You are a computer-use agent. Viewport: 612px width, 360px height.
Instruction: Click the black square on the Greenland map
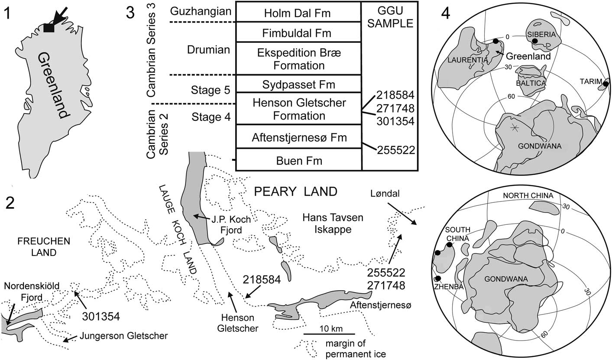pyautogui.click(x=49, y=28)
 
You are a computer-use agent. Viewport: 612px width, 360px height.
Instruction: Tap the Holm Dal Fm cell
pyautogui.click(x=298, y=13)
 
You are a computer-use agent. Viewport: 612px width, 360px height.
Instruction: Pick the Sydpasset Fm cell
pyautogui.click(x=298, y=84)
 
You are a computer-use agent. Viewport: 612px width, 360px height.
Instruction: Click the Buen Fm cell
pyautogui.click(x=298, y=161)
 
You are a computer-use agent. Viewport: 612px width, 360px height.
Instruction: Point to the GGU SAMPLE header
pyautogui.click(x=389, y=18)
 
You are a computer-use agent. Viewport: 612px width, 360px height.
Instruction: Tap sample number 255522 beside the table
pyautogui.click(x=396, y=150)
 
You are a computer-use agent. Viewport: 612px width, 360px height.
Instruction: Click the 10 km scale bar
pyautogui.click(x=329, y=334)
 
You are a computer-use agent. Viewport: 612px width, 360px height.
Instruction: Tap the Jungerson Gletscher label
pyautogui.click(x=123, y=335)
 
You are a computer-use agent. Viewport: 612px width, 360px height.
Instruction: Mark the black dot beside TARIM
pyautogui.click(x=606, y=84)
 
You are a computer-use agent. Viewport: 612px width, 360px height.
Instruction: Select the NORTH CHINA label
pyautogui.click(x=528, y=195)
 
